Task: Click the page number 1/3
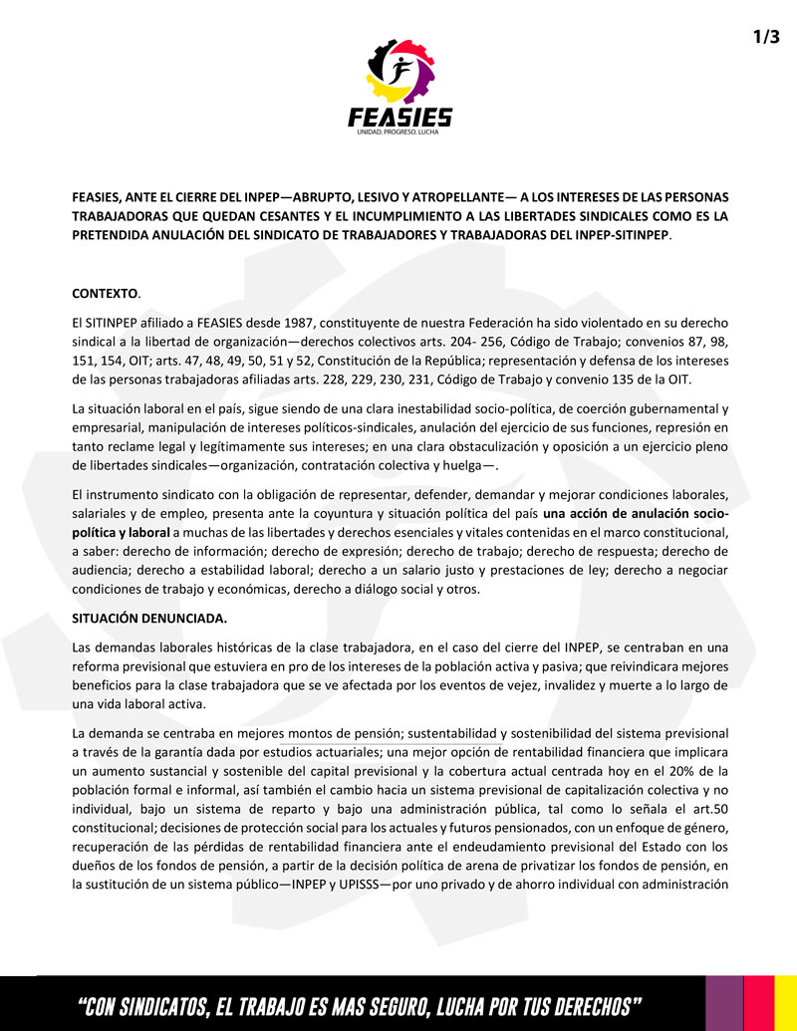tap(766, 37)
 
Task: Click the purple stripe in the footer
tap(725, 1003)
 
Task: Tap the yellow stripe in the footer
tap(786, 1003)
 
